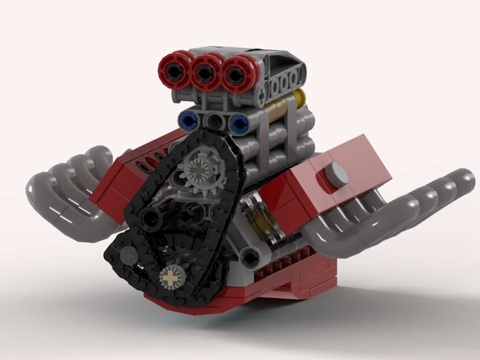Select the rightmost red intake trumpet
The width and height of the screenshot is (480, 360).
point(234,71)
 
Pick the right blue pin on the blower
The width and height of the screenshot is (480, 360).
point(239,122)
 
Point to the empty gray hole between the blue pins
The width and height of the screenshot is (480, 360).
point(215,121)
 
